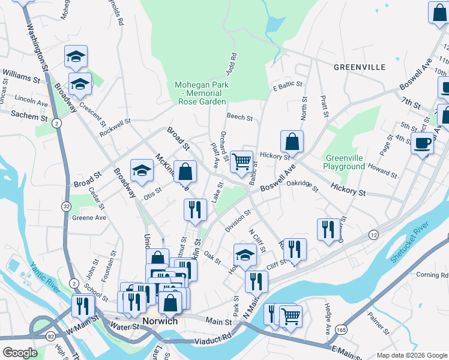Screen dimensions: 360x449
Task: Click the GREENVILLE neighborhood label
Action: (x=360, y=67)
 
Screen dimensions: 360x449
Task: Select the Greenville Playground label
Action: (x=344, y=161)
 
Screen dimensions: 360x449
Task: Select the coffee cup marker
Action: (x=423, y=144)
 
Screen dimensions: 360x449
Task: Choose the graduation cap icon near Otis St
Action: (x=142, y=172)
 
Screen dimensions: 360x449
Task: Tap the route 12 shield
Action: (x=373, y=233)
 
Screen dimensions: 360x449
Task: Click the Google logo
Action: (x=19, y=353)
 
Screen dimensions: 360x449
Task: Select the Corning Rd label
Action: (x=427, y=275)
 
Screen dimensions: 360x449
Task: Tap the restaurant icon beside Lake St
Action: (x=195, y=210)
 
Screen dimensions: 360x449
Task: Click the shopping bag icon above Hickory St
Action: (x=292, y=142)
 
